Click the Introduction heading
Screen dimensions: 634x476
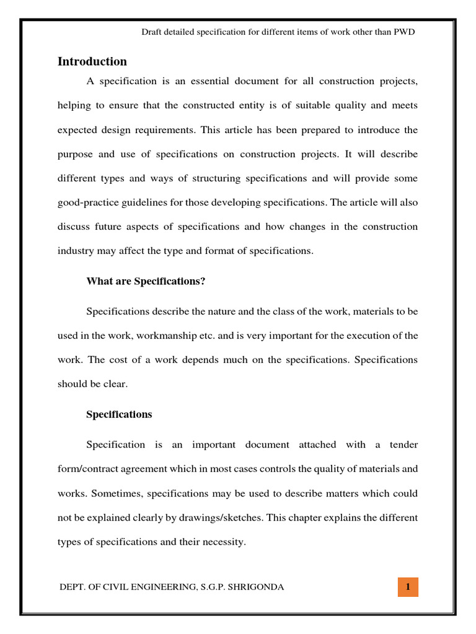coord(92,61)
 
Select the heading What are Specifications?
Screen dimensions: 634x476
coord(146,282)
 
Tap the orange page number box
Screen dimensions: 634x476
coord(408,587)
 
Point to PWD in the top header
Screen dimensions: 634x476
coord(404,32)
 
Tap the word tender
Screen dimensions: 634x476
coord(404,445)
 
